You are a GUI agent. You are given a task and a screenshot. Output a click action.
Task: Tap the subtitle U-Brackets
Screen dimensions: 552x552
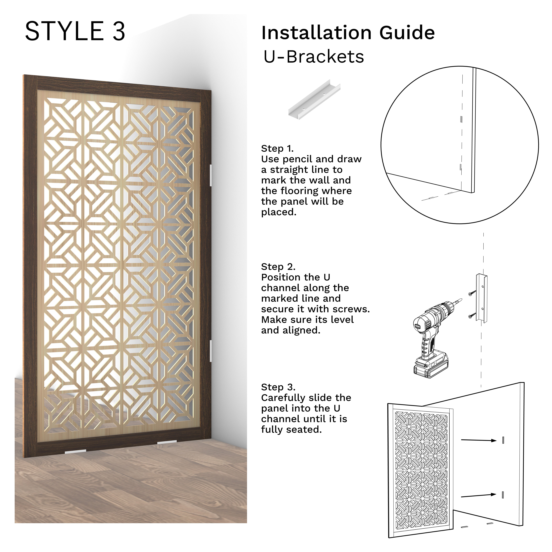(x=313, y=57)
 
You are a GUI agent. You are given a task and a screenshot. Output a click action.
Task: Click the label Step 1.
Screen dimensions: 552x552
(x=277, y=149)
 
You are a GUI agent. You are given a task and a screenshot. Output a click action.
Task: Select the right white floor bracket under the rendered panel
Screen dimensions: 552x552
(x=167, y=442)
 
